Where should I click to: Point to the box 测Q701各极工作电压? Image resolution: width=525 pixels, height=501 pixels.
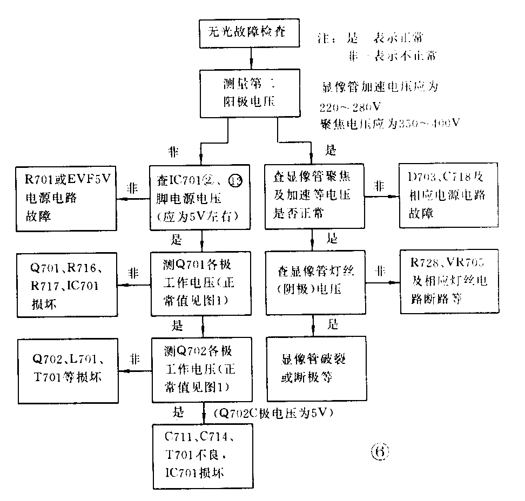201,283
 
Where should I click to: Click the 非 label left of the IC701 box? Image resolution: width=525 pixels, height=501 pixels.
132,189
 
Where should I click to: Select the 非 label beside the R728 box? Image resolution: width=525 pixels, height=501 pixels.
381,272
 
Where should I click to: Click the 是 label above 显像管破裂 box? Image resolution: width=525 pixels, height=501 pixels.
333,324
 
